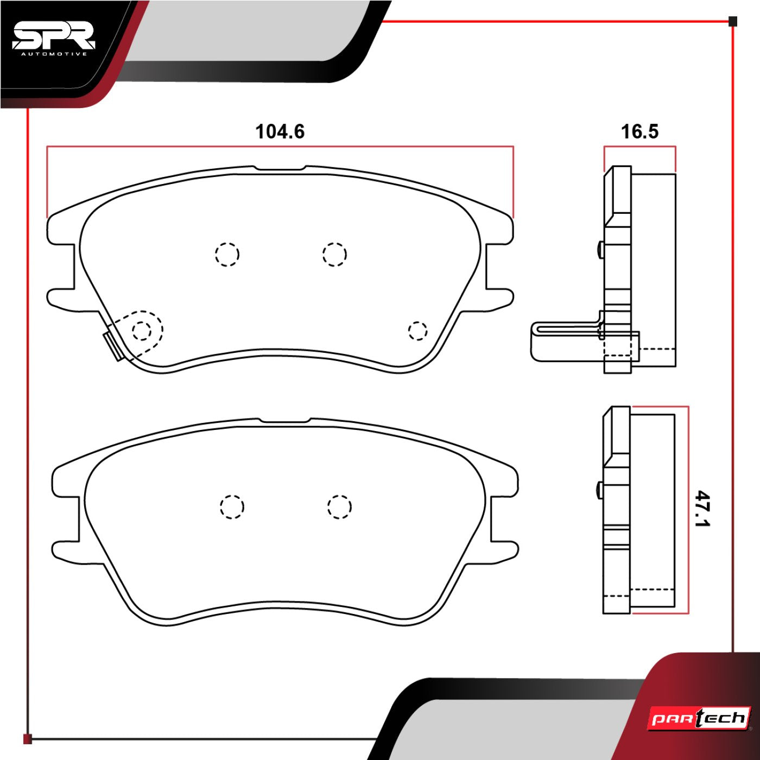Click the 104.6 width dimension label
[280, 131]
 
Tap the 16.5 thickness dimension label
[639, 131]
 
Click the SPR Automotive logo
[53, 39]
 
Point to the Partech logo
[700, 719]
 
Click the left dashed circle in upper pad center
[227, 254]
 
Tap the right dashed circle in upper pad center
[334, 254]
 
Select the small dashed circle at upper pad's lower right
[417, 331]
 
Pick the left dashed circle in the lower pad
[232, 507]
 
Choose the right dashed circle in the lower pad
[339, 507]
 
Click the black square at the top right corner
[732, 22]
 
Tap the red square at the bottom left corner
[28, 739]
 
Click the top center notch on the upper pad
[280, 168]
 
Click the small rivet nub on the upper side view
[600, 250]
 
